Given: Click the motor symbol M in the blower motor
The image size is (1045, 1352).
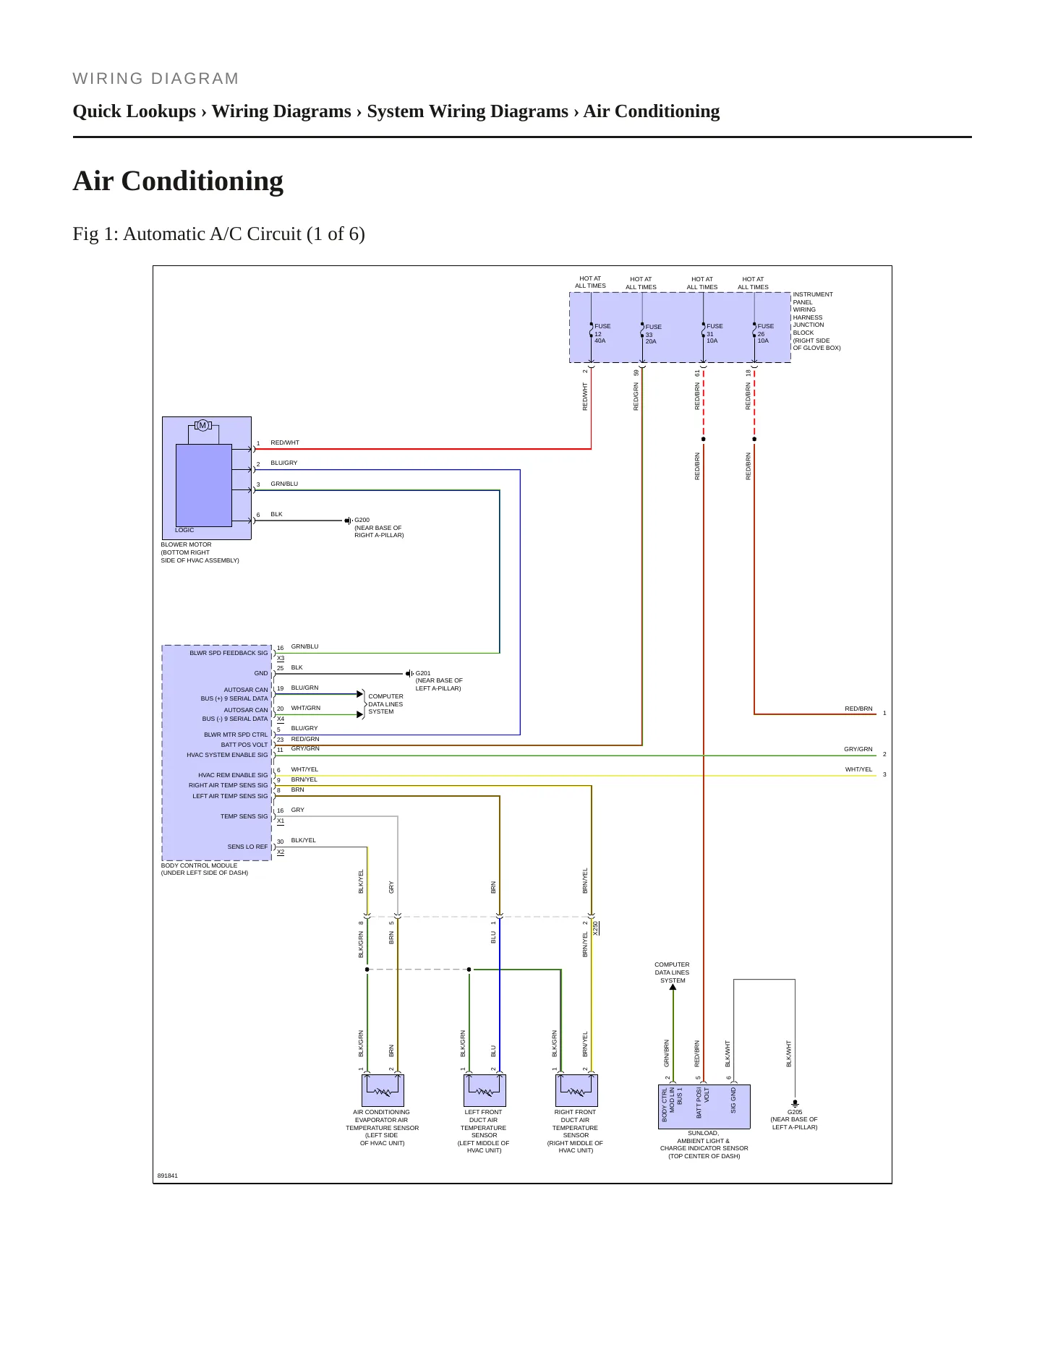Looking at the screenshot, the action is pyautogui.click(x=202, y=425).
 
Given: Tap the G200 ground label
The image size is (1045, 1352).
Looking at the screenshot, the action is pyautogui.click(x=362, y=520).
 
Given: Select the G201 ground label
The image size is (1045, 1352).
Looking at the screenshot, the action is pyautogui.click(x=423, y=673).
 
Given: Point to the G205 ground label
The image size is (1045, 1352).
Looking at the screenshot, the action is pyautogui.click(x=795, y=1112).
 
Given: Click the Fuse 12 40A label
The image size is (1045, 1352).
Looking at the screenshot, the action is pyautogui.click(x=602, y=333).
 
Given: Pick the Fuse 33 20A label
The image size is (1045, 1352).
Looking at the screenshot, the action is pyautogui.click(x=653, y=334).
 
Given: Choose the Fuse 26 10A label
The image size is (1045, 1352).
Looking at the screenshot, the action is pyautogui.click(x=765, y=333).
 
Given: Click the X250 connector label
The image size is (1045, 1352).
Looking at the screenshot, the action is pyautogui.click(x=596, y=928).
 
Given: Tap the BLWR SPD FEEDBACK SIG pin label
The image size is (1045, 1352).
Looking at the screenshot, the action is pyautogui.click(x=229, y=653).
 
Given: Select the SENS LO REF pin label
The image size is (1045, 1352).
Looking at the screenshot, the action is pyautogui.click(x=247, y=847).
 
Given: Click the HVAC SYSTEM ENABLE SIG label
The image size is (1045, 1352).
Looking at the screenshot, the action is pyautogui.click(x=227, y=755).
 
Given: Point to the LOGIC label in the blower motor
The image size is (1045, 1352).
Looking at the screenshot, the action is pyautogui.click(x=184, y=530).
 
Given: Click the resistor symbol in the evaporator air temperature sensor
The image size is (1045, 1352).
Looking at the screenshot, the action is pyautogui.click(x=383, y=1092).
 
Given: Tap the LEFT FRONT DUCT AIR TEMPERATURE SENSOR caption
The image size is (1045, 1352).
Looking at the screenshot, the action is pyautogui.click(x=484, y=1131).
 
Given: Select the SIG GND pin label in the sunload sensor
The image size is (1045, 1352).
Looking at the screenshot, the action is pyautogui.click(x=733, y=1100).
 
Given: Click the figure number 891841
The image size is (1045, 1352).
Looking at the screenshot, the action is pyautogui.click(x=168, y=1176).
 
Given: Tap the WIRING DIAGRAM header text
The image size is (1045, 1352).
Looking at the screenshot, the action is pyautogui.click(x=155, y=79).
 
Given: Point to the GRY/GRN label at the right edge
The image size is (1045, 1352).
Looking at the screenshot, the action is pyautogui.click(x=858, y=749).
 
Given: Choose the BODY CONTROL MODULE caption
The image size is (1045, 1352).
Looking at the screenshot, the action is pyautogui.click(x=200, y=865).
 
